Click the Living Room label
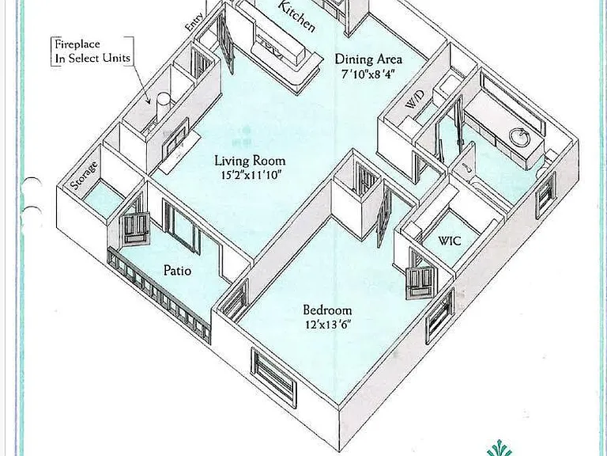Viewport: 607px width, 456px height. point(250,161)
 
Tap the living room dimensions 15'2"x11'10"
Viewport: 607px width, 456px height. point(251,175)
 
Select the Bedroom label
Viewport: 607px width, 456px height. point(327,310)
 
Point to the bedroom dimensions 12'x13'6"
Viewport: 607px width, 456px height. point(328,324)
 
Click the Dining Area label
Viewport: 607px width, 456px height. point(368,59)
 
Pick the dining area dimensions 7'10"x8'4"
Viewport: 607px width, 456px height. point(368,74)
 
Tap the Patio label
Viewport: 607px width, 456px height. point(177,270)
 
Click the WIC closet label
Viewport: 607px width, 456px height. point(450,241)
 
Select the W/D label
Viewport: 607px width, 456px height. point(415,100)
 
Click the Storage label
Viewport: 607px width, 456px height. point(84,175)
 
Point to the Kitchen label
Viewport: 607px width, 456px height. point(296,16)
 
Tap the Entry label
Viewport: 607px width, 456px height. point(194,22)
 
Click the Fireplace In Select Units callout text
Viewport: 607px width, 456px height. point(92,51)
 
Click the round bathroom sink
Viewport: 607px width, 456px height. point(519,137)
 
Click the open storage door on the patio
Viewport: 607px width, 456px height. point(135,229)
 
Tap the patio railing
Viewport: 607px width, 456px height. point(159,295)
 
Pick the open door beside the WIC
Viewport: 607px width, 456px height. point(421,281)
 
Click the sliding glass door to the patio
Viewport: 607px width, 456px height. point(182,227)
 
